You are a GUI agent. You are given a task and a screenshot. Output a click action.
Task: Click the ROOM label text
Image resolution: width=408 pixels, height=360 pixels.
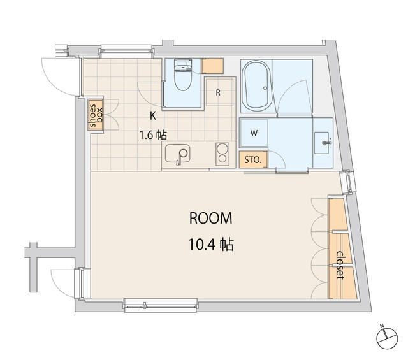coord(211,218)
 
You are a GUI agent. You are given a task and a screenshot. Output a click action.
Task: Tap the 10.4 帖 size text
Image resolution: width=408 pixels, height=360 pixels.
coord(211,243)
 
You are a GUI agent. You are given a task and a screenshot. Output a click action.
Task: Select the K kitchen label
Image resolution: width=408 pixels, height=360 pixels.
coord(153,115)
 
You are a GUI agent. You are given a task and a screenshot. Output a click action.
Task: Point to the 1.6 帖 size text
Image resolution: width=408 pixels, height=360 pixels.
coord(154,135)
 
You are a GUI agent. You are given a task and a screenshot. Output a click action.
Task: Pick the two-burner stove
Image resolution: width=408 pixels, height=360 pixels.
coord(223,154)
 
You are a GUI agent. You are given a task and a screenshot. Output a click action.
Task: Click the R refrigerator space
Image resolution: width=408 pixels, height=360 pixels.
coord(218,93)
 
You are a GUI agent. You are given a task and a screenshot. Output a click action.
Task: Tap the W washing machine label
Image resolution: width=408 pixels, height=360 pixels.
coord(254,133)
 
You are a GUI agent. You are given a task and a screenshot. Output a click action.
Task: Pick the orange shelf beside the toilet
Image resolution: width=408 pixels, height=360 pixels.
coord(213,65)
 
